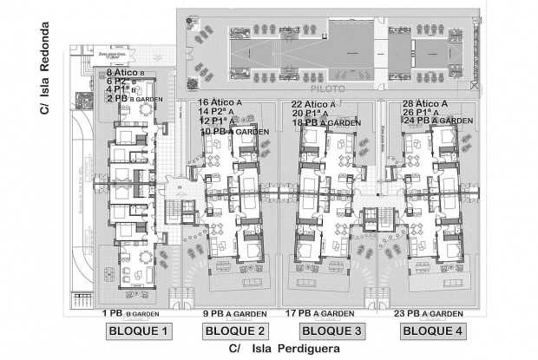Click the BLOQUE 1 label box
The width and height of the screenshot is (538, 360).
137,331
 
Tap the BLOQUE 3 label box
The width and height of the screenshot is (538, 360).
333,331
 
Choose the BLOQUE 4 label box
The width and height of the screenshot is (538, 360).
431,331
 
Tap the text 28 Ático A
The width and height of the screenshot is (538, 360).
424,103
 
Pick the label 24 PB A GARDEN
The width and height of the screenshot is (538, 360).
430,121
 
